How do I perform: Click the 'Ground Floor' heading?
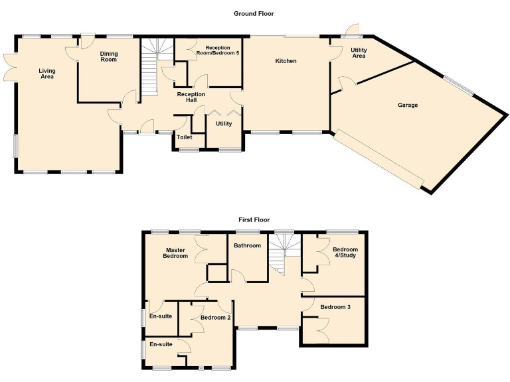(254, 13)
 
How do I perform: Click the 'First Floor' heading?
(254, 220)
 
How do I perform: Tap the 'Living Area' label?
(46, 74)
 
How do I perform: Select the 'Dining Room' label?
(108, 56)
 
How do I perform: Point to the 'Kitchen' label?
(286, 61)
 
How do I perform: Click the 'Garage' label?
(408, 105)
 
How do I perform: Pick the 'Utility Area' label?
(359, 53)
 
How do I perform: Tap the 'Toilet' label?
(184, 137)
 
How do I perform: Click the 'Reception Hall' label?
(191, 97)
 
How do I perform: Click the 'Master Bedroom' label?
(176, 253)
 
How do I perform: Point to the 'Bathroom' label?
(247, 245)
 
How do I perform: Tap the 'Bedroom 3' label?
(335, 307)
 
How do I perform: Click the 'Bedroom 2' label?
(215, 318)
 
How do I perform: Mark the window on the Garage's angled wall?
(458, 87)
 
